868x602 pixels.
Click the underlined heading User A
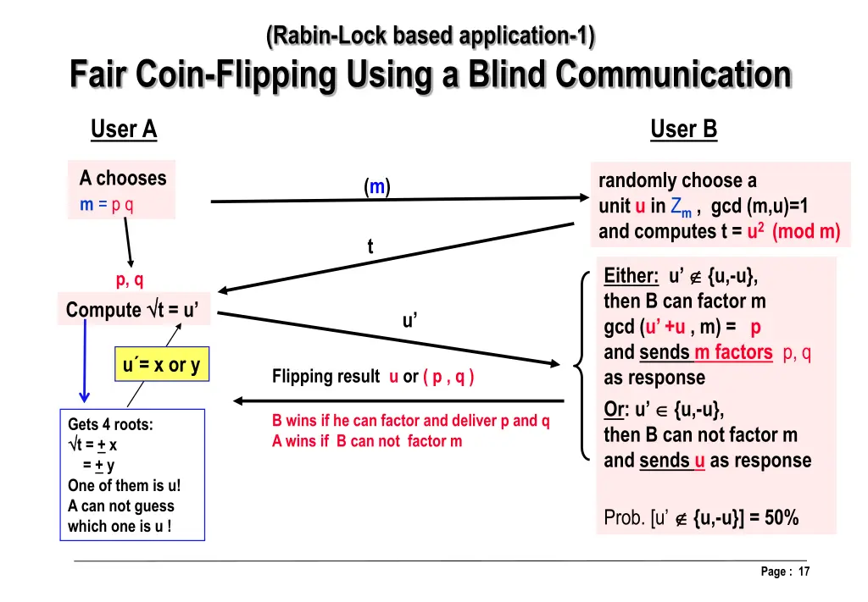pyautogui.click(x=124, y=130)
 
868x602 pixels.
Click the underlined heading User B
pyautogui.click(x=683, y=130)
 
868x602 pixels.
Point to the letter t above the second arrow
pyautogui.click(x=370, y=246)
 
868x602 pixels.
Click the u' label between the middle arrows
pyautogui.click(x=409, y=321)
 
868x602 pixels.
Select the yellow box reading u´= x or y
pyautogui.click(x=161, y=366)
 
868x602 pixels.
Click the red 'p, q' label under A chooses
pyautogui.click(x=130, y=281)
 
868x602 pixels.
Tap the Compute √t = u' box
pyautogui.click(x=133, y=310)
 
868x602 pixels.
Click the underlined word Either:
pyautogui.click(x=632, y=276)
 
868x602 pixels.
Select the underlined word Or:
pyautogui.click(x=615, y=409)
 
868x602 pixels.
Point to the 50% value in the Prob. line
pyautogui.click(x=780, y=517)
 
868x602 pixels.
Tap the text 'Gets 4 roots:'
pyautogui.click(x=110, y=425)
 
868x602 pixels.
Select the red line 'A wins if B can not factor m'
pyautogui.click(x=367, y=441)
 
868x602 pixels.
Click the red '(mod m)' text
pyautogui.click(x=805, y=232)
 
